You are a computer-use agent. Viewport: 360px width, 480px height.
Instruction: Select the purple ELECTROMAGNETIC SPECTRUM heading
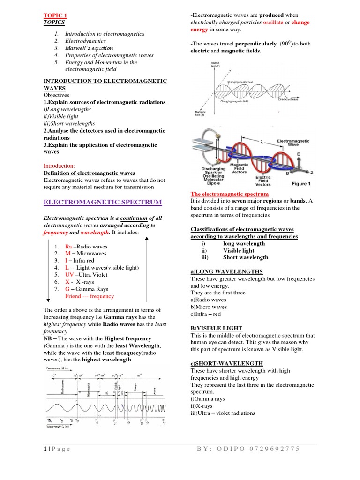[102, 202]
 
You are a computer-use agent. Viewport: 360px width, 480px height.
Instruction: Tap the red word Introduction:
[59, 166]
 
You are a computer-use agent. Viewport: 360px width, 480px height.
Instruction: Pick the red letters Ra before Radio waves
[69, 247]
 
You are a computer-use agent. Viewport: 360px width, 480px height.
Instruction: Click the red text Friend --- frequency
[89, 296]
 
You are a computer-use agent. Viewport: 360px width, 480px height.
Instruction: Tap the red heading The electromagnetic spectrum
[229, 194]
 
